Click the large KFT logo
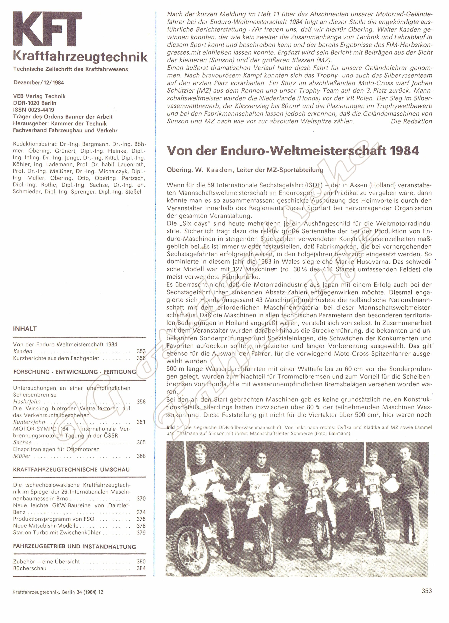[x=48, y=29]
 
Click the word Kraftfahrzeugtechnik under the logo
[x=80, y=57]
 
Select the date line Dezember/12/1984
[x=39, y=83]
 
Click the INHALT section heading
[x=25, y=329]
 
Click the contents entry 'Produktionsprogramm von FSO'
[x=53, y=519]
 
